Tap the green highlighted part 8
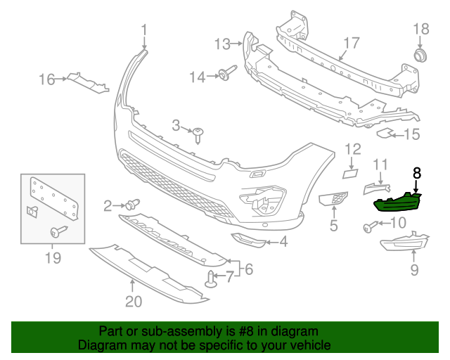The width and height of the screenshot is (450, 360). [397, 202]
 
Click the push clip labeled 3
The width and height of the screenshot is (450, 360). [200, 133]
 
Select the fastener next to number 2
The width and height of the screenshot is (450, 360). [131, 205]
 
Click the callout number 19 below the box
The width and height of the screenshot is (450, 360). [53, 259]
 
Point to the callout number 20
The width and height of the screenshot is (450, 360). [133, 302]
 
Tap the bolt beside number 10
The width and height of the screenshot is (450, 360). [369, 226]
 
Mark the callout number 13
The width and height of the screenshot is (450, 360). [222, 44]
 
